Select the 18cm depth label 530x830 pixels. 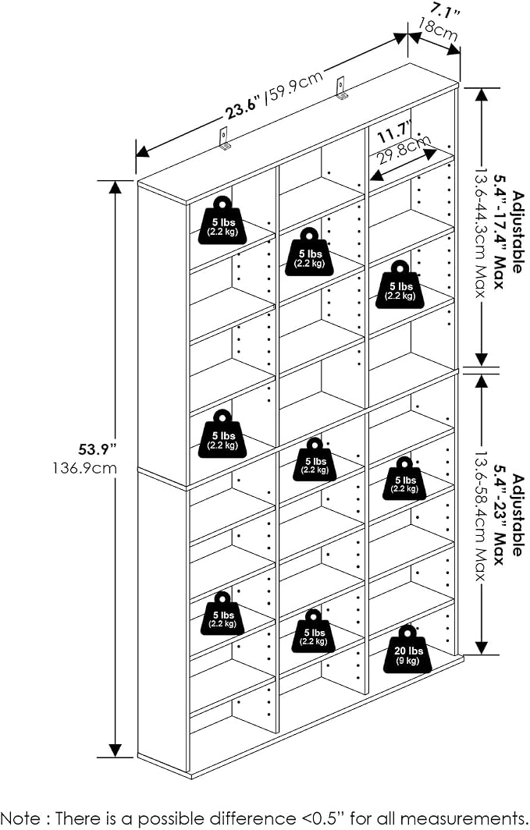439,30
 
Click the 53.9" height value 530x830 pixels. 97,450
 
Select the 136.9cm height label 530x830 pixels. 85,468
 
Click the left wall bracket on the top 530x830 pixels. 226,139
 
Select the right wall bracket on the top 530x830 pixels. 342,88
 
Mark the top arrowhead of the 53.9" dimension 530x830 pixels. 115,187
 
